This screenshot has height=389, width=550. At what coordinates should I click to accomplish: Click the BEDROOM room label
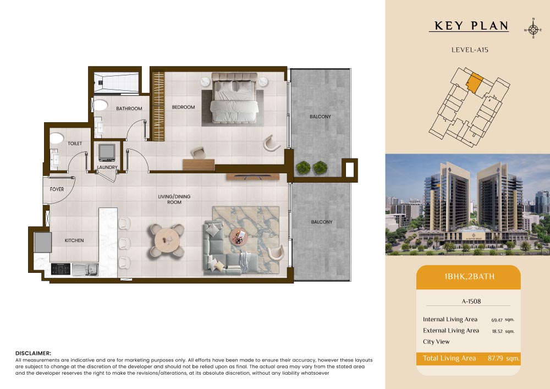(183, 107)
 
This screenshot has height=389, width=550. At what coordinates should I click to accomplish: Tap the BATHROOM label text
(129, 108)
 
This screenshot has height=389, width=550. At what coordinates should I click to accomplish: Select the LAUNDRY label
(107, 167)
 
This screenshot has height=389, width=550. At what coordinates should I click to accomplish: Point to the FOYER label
(57, 189)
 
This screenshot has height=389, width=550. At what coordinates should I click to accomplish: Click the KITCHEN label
(74, 240)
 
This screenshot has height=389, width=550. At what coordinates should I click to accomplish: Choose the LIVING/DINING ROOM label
(174, 199)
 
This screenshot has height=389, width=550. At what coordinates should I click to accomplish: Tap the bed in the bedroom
(234, 98)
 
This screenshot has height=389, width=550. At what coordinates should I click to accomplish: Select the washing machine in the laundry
(107, 152)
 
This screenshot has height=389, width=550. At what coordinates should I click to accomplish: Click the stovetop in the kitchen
(61, 269)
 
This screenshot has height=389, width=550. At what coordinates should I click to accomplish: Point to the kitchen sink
(85, 270)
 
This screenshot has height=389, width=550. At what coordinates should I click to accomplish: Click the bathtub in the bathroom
(117, 83)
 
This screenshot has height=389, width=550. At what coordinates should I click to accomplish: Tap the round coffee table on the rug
(239, 238)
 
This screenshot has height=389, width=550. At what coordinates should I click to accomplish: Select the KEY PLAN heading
(471, 26)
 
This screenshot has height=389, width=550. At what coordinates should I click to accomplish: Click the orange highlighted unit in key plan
(474, 83)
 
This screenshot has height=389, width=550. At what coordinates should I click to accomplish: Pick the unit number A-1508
(471, 301)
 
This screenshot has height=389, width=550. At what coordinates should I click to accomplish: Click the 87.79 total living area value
(496, 358)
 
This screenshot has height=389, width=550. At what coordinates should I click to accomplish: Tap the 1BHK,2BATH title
(469, 276)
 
